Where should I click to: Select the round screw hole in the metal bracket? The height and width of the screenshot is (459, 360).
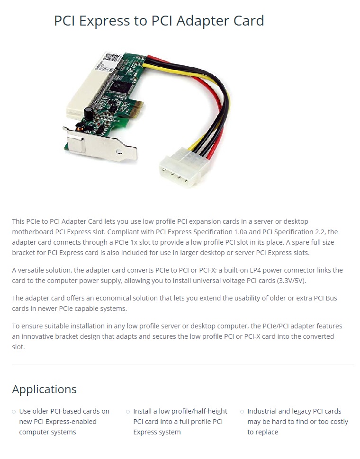point(119,151)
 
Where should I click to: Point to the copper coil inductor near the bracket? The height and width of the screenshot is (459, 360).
point(80,126)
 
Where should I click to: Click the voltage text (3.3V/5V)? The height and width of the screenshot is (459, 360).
point(291,281)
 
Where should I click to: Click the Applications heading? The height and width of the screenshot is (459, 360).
point(44,389)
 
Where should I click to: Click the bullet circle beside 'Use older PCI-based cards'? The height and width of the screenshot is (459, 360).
point(14,412)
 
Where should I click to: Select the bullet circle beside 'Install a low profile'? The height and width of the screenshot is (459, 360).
point(128,412)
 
